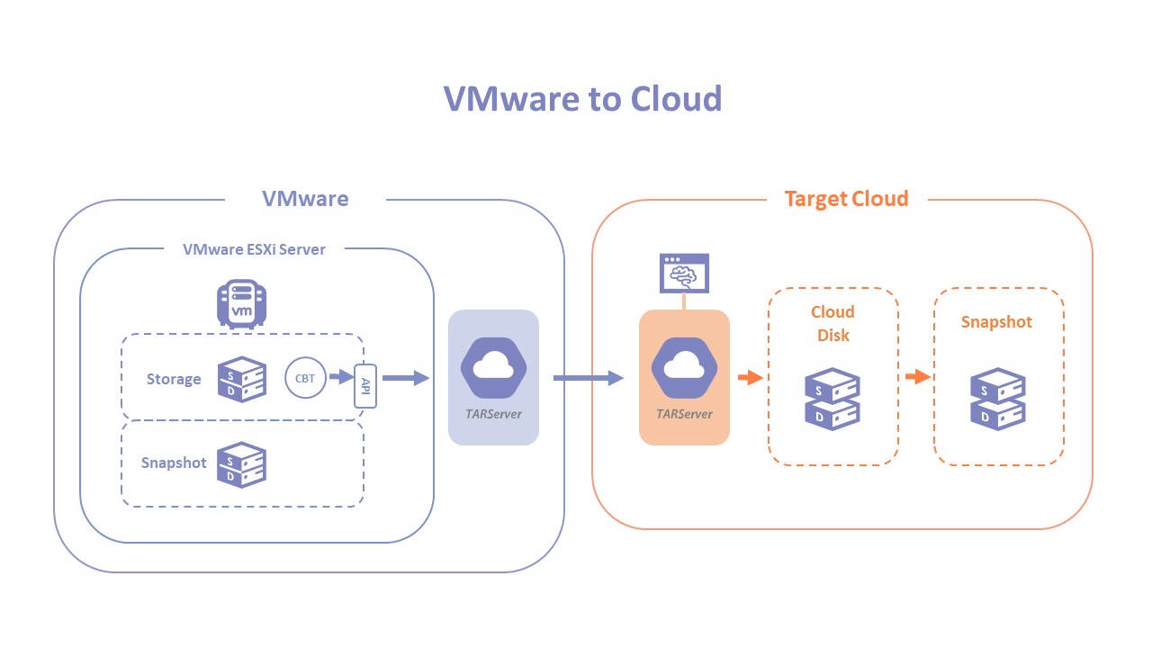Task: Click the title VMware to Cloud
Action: [x=582, y=98]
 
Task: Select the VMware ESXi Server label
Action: [x=254, y=249]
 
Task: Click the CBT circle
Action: [x=305, y=378]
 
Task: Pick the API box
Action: [x=365, y=385]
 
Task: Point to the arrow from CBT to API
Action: [x=341, y=378]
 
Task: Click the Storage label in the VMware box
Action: [x=174, y=379]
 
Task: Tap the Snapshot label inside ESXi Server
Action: [x=174, y=463]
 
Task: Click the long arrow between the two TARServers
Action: [x=588, y=378]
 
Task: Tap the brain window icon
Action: [x=684, y=273]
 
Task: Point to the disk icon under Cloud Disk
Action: [x=832, y=398]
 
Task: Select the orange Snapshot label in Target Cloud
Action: [x=996, y=322]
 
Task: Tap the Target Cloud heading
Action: [x=846, y=199]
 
